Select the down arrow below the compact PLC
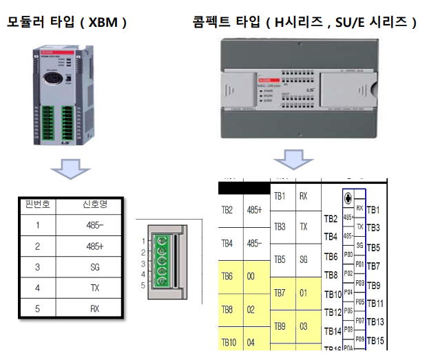[x=290, y=163]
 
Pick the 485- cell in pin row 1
[x=94, y=225]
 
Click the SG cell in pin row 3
[x=94, y=266]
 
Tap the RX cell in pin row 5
[x=94, y=308]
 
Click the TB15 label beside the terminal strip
[x=376, y=340]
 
